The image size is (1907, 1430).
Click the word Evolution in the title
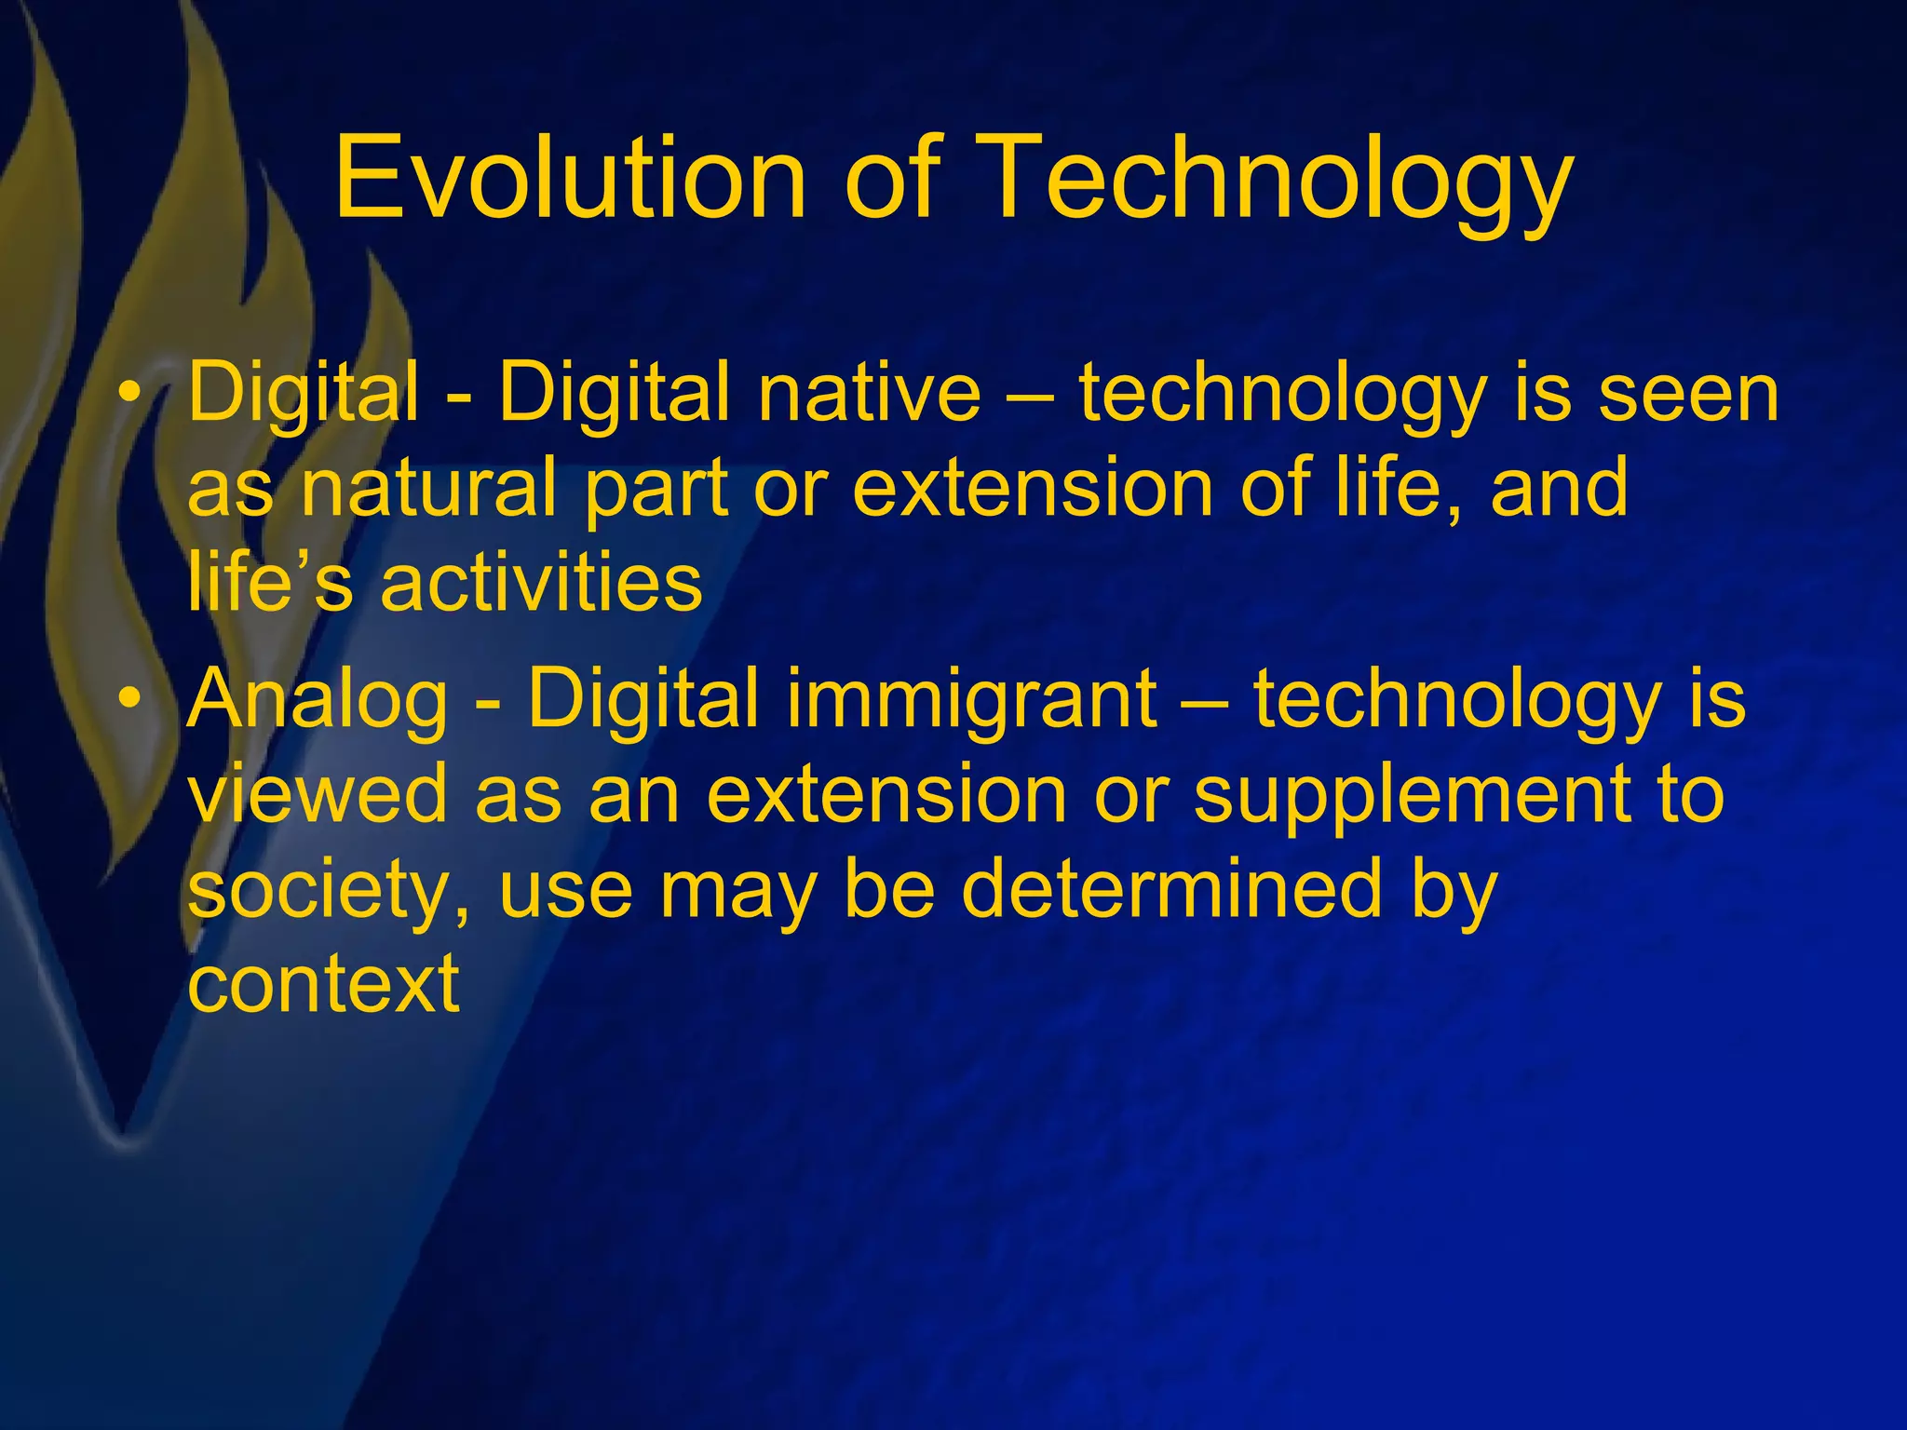[x=569, y=177]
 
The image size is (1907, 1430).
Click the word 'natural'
[x=427, y=488]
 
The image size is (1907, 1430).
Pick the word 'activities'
[x=541, y=582]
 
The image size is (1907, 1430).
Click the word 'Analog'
[x=318, y=700]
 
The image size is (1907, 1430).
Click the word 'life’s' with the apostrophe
[x=269, y=582]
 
